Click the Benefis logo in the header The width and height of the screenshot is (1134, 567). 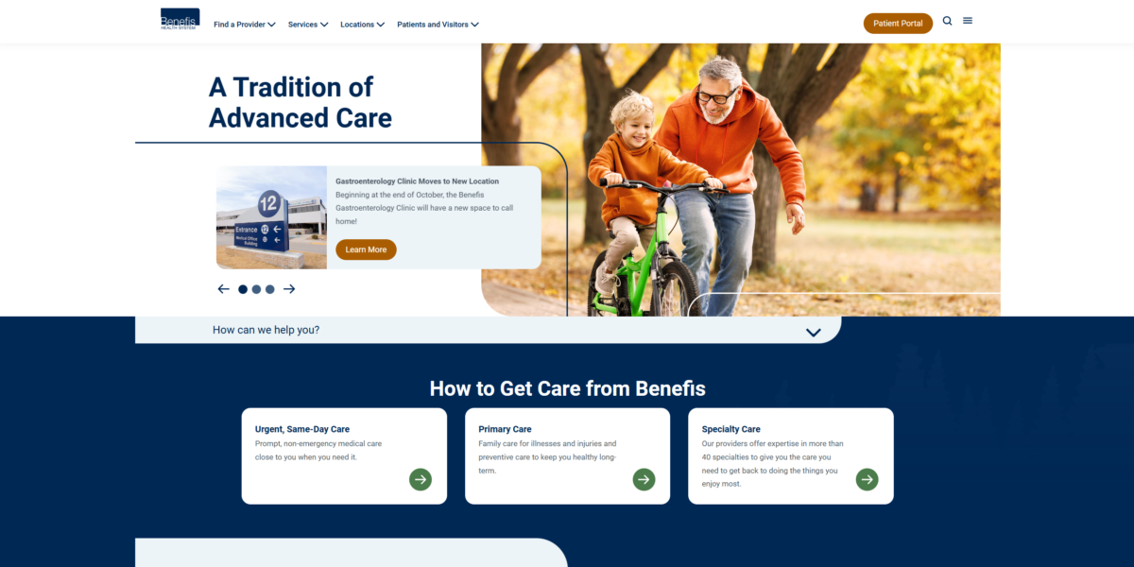(180, 19)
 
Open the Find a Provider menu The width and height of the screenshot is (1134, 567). (245, 25)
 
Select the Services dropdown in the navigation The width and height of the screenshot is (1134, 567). (308, 25)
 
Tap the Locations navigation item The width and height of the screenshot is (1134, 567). (362, 25)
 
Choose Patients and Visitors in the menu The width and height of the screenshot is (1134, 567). (438, 25)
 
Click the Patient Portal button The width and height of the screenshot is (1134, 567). (898, 24)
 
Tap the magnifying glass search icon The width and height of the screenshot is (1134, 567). (947, 21)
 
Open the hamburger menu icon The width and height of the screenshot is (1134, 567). (968, 21)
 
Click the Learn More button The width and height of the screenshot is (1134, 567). (366, 249)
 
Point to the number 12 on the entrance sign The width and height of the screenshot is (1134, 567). (268, 203)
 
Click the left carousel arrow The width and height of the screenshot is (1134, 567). (223, 289)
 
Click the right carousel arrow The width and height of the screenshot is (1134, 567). (289, 289)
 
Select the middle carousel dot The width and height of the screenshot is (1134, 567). (256, 289)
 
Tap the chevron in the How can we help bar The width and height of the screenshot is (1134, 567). (813, 333)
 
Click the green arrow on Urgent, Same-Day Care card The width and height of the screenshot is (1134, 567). (421, 479)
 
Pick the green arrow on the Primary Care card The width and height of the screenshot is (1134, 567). (644, 479)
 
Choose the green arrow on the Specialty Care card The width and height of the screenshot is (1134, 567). (867, 479)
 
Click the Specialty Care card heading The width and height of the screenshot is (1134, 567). (730, 429)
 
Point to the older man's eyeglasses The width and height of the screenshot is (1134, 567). (716, 95)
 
